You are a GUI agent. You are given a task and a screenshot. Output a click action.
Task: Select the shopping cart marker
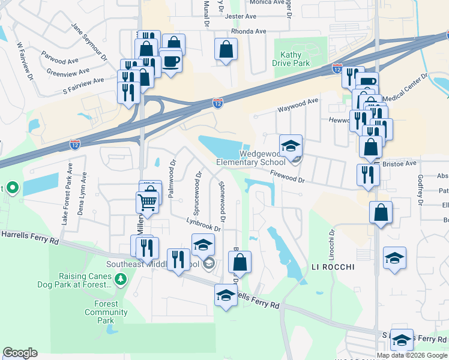click(148, 203)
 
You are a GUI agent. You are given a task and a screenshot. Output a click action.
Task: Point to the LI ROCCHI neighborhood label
click(333, 266)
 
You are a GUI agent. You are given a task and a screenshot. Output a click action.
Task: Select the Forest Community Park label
click(106, 312)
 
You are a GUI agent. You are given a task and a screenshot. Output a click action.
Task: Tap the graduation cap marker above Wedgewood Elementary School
click(291, 146)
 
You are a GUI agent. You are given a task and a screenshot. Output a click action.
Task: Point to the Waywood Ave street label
click(297, 106)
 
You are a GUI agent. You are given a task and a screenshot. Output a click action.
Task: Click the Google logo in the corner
click(20, 353)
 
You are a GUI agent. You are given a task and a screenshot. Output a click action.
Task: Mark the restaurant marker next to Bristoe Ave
click(367, 175)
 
